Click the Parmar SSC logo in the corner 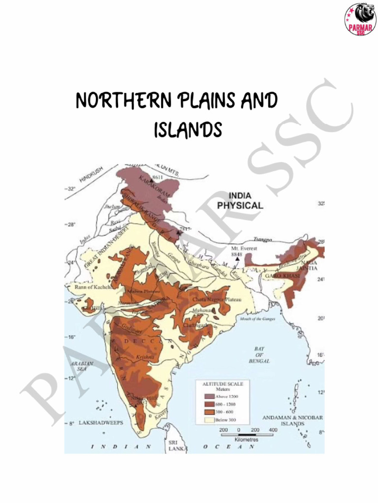[x=360, y=19]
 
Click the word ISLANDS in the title [x=188, y=130]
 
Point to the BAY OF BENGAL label [x=259, y=355]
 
